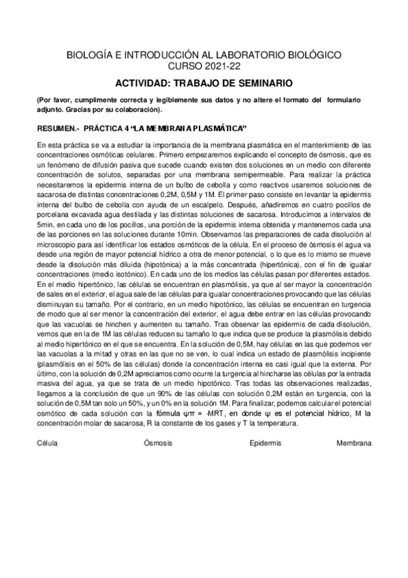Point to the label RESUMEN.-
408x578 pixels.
coord(57,128)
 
